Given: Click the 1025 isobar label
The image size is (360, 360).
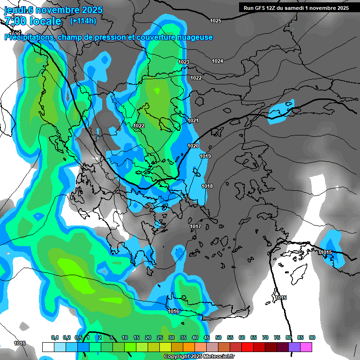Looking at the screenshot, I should [x=216, y=21].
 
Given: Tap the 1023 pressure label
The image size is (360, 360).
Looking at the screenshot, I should [x=184, y=62].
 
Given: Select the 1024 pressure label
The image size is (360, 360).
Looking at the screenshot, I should [x=217, y=61].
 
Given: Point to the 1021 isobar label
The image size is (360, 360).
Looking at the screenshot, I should [x=193, y=121].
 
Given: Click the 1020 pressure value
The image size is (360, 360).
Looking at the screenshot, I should [x=193, y=146].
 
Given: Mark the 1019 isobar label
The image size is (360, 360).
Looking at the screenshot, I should [x=205, y=157].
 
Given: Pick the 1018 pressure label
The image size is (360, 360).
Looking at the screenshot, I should [x=207, y=187].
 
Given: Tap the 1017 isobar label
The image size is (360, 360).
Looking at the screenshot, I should [x=195, y=227].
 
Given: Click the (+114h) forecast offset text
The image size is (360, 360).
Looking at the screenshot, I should [x=83, y=21].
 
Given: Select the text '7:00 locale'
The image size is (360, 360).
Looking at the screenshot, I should [x=33, y=21].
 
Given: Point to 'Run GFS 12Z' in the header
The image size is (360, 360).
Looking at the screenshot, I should [x=262, y=7].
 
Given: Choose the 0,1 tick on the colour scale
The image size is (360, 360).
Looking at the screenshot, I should [x=54, y=338].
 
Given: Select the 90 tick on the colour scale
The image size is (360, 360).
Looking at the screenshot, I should [x=312, y=338].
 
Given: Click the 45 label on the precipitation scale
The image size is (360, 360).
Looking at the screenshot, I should [x=207, y=338].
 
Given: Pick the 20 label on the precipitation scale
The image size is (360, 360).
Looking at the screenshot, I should [x=148, y=338].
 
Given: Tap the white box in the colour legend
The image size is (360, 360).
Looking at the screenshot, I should [x=48, y=347].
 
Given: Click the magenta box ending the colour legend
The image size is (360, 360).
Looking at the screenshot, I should [x=306, y=347].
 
